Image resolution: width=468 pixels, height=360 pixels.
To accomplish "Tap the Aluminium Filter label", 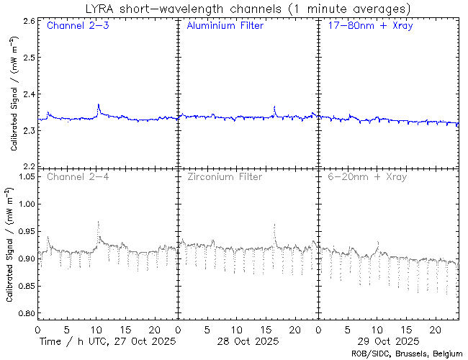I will (x=225, y=27).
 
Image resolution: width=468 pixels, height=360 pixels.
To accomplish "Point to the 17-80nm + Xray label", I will (x=366, y=27).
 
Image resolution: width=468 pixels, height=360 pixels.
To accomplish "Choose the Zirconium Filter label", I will (x=224, y=176).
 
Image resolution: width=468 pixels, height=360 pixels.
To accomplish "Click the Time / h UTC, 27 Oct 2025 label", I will (x=107, y=340).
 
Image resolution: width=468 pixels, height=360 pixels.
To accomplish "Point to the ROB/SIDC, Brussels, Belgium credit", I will (x=407, y=354).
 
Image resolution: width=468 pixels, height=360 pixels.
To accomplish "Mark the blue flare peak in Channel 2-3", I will (x=99, y=105).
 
